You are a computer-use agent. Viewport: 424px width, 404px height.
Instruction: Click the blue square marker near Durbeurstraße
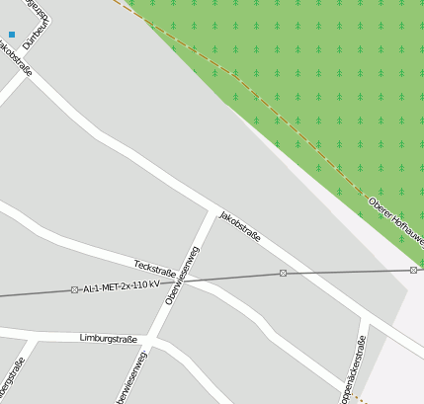pyautogui.click(x=12, y=34)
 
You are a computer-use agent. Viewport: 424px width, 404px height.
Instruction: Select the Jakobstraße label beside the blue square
pyautogui.click(x=17, y=57)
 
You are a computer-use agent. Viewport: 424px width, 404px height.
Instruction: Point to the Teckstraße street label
pyautogui.click(x=154, y=268)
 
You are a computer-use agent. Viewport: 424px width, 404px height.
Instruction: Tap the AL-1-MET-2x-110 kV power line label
pyautogui.click(x=122, y=285)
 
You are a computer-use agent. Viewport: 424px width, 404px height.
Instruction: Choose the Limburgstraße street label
pyautogui.click(x=111, y=338)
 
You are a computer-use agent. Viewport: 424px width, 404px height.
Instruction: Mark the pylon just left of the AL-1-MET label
pyautogui.click(x=74, y=289)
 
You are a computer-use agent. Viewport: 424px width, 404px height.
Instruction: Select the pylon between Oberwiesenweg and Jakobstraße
pyautogui.click(x=283, y=273)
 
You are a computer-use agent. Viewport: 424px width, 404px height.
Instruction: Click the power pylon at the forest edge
pyautogui.click(x=413, y=270)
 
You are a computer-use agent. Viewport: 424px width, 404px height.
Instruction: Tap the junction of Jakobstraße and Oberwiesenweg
pyautogui.click(x=212, y=209)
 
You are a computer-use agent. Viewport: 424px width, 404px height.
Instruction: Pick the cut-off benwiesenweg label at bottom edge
pyautogui.click(x=132, y=376)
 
